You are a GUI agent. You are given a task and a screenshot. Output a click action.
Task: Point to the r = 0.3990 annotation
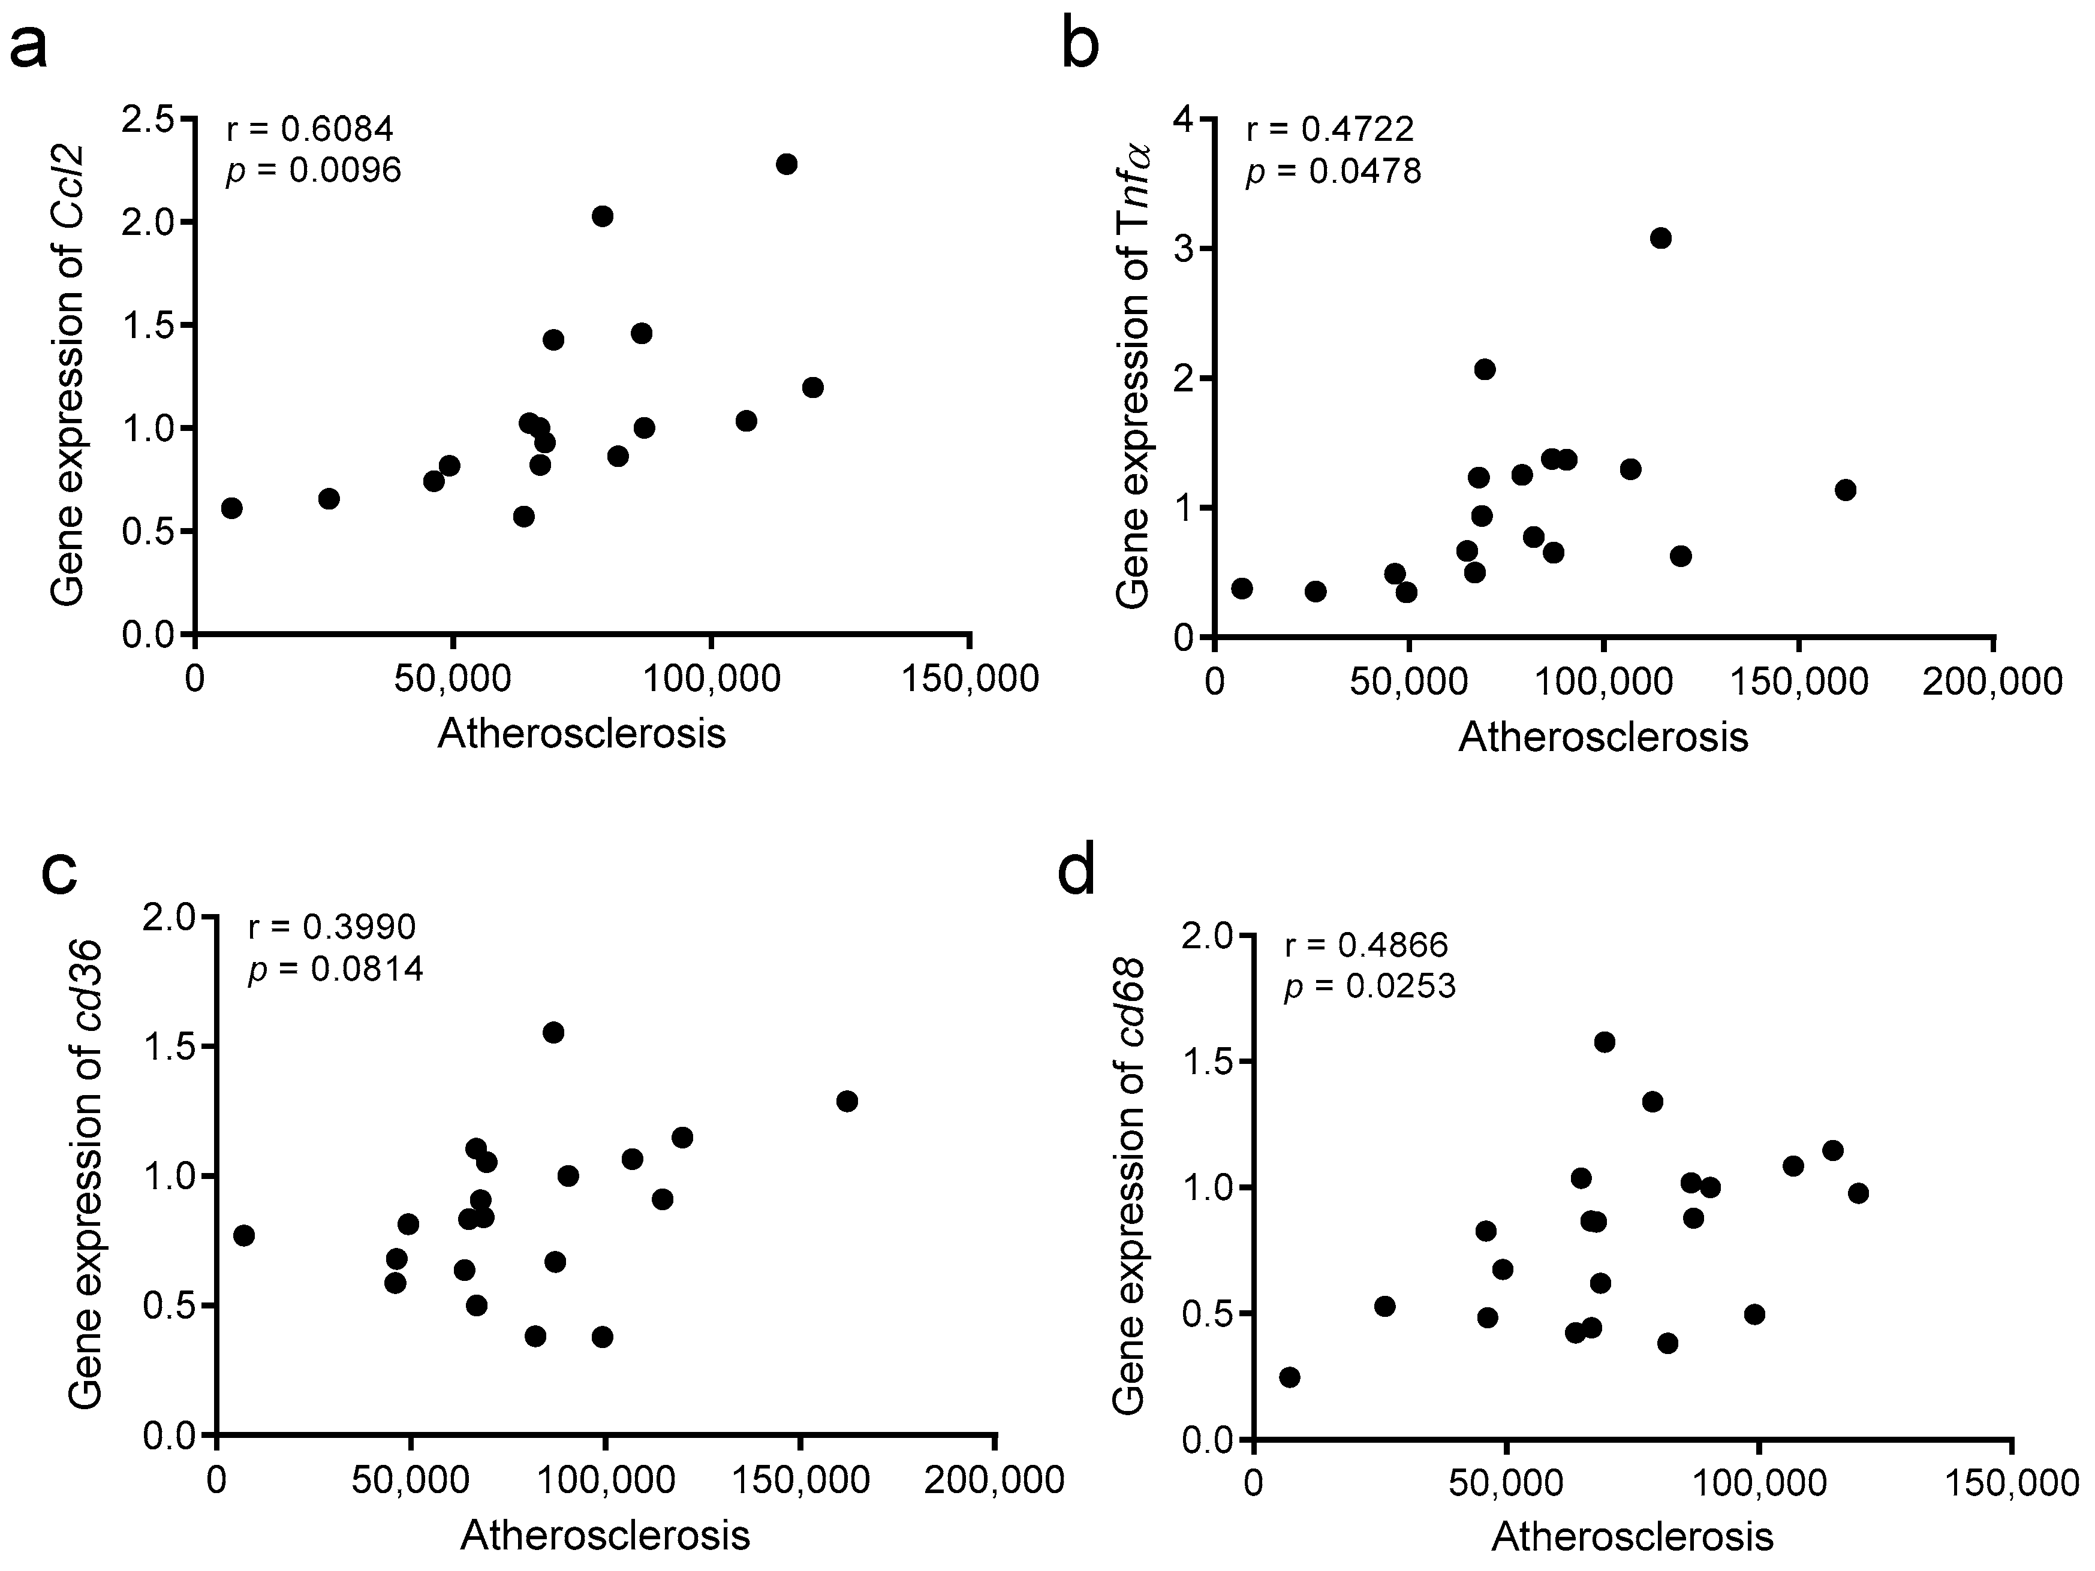[x=332, y=927]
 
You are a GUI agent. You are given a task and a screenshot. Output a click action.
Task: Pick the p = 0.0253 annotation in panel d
[x=1369, y=987]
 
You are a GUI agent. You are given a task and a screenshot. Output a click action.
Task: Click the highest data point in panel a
[x=786, y=164]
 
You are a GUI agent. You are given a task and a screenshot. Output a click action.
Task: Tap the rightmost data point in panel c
[x=847, y=1101]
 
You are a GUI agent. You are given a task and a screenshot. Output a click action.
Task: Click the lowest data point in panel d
[x=1289, y=1377]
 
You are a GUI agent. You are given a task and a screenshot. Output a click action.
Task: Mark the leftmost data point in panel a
[x=232, y=508]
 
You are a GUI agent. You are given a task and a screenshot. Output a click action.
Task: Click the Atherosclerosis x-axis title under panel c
[x=605, y=1535]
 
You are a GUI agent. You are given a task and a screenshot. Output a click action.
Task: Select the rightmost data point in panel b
[x=1845, y=490]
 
